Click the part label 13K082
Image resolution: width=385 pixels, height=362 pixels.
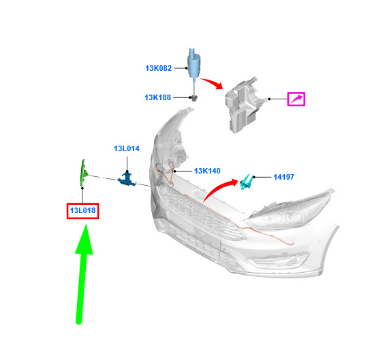pos(158,68)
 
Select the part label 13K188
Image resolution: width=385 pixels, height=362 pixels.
pos(157,97)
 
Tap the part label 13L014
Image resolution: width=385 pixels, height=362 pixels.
pos(127,148)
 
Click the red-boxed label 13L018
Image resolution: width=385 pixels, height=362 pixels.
pos(82,210)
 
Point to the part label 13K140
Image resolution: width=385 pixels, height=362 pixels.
pos(207,171)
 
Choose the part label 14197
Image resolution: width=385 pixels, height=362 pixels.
pos(284,177)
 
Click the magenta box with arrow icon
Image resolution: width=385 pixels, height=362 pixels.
pos(296,99)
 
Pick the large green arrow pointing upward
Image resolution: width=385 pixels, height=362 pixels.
pos(82,274)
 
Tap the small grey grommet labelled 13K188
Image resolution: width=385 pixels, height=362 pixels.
pos(194,98)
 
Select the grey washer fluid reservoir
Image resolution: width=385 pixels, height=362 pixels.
pos(245,105)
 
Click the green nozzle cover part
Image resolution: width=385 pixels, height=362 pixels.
pos(84,173)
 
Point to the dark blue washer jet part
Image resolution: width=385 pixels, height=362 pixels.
pos(127,179)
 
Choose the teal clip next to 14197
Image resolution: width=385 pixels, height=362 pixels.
pos(246,182)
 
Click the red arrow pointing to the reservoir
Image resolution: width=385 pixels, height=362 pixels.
pos(211,83)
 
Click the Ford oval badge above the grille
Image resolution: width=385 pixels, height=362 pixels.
pos(198,194)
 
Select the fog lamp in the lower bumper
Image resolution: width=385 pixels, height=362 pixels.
pos(278,261)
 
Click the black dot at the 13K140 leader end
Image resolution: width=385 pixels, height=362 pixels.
pos(174,171)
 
